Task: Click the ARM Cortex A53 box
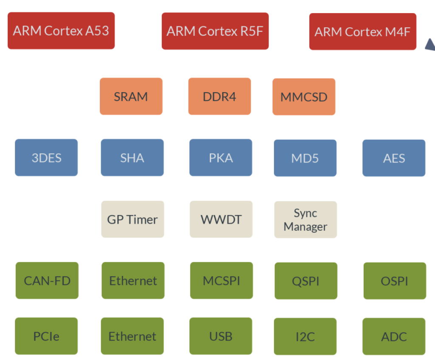(61, 31)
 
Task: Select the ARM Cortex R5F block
(215, 31)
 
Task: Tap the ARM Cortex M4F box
(363, 31)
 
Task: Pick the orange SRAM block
(131, 96)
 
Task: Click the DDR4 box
(220, 96)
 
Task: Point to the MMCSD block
(304, 97)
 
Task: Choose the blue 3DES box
(46, 158)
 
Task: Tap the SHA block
(132, 158)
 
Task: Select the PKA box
(220, 158)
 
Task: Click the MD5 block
(305, 158)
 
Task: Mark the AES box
(394, 158)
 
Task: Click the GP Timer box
(133, 219)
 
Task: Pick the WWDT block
(221, 219)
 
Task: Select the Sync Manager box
(305, 220)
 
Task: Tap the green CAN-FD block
(47, 281)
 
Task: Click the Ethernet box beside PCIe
(132, 336)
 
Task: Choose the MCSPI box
(221, 281)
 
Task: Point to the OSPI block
(395, 281)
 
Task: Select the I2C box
(305, 337)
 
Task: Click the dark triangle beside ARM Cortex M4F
(431, 45)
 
